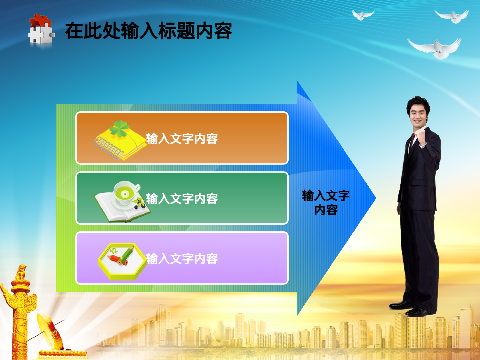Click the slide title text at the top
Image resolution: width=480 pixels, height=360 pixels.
[148, 31]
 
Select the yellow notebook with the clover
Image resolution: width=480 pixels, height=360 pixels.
[120, 141]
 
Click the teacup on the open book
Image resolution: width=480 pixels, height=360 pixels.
[125, 193]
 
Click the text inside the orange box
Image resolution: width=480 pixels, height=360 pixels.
[182, 139]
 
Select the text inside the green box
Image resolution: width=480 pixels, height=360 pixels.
[182, 199]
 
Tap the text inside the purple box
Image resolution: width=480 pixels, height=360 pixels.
[182, 259]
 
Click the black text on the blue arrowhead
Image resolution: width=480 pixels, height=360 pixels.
[326, 202]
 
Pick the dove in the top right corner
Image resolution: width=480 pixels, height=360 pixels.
[452, 16]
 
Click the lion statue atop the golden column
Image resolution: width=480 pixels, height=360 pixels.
[21, 272]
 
